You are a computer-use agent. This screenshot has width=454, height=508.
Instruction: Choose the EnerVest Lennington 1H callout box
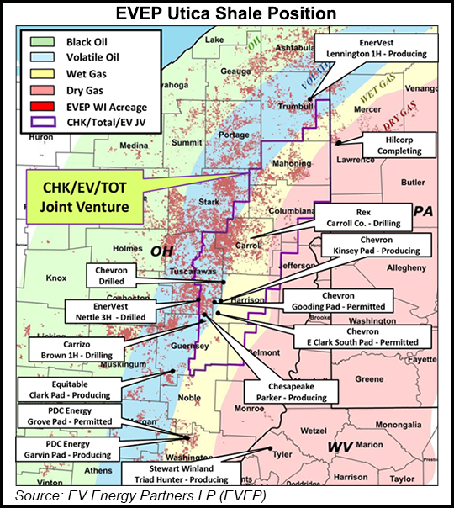(376, 47)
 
